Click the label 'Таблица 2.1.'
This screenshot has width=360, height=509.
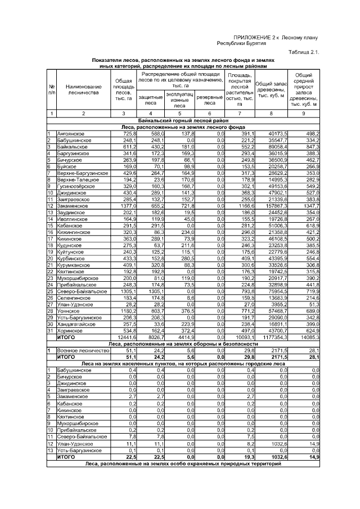click(303, 52)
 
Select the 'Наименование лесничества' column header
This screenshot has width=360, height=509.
click(84, 89)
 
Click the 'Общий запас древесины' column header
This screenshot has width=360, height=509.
click(271, 89)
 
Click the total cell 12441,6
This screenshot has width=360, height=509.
click(126, 337)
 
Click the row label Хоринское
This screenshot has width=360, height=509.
click(71, 331)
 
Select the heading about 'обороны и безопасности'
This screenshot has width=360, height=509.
click(183, 344)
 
